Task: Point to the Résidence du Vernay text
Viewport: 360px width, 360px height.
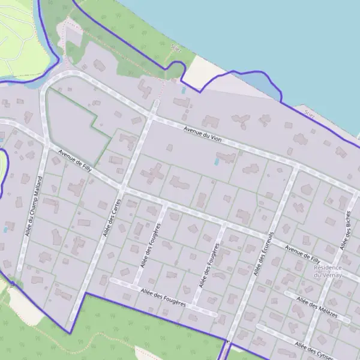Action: [328, 271]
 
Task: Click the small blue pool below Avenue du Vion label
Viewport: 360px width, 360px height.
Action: [216, 161]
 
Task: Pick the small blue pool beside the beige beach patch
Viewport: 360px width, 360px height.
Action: [184, 90]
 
